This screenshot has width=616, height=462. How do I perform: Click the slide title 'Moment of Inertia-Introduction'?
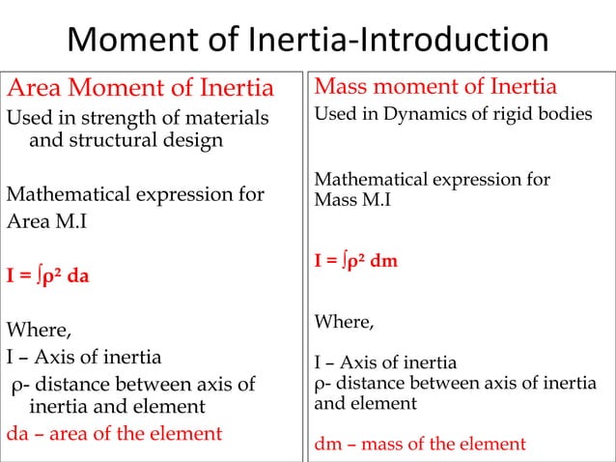coord(308,41)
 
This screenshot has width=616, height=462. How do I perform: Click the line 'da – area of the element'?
coord(115,433)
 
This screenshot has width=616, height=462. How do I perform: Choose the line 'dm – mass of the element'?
coord(420,445)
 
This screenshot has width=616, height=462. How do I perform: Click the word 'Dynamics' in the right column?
coord(419,115)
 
